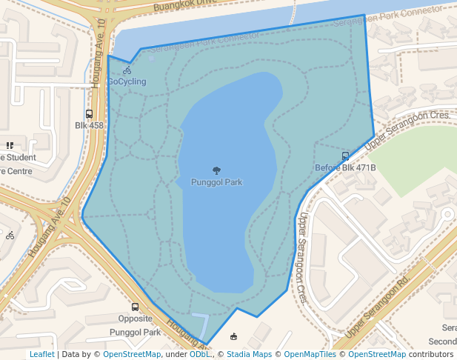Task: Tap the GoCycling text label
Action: click(x=127, y=81)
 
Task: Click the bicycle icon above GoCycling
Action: click(x=127, y=70)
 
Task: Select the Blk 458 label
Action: click(x=89, y=125)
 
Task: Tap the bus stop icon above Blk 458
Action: click(x=89, y=114)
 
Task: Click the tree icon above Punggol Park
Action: click(x=216, y=170)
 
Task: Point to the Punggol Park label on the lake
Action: click(x=216, y=181)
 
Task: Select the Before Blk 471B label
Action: click(x=345, y=167)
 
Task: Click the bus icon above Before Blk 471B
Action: click(x=345, y=156)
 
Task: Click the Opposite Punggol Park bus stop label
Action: click(x=135, y=325)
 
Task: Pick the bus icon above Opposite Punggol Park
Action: click(x=135, y=307)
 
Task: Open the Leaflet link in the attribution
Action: click(x=41, y=354)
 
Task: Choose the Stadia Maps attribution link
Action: click(x=250, y=354)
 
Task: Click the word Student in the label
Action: click(x=21, y=157)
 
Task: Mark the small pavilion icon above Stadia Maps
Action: click(x=234, y=336)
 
